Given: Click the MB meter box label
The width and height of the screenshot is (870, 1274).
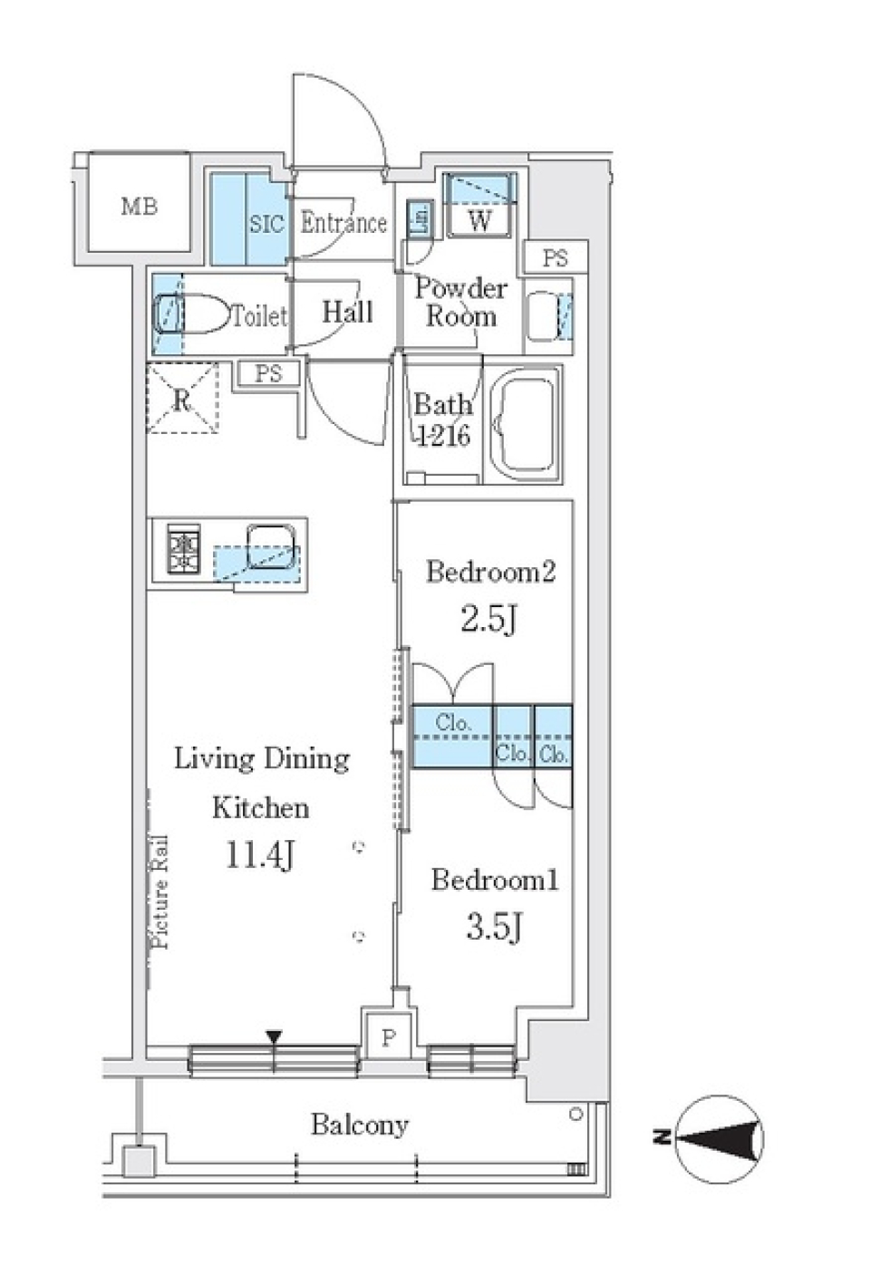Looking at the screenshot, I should pyautogui.click(x=139, y=207).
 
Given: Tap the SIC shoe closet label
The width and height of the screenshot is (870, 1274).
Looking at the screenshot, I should pyautogui.click(x=266, y=223).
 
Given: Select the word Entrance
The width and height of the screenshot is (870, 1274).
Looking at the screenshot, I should pyautogui.click(x=343, y=223).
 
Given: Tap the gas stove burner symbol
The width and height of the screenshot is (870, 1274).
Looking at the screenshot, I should pyautogui.click(x=185, y=551).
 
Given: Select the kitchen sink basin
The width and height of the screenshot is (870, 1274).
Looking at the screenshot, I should pyautogui.click(x=272, y=546).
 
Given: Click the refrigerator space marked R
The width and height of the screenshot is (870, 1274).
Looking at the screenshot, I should pyautogui.click(x=182, y=399).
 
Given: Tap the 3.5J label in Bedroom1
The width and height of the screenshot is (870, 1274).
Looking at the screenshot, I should pyautogui.click(x=493, y=928).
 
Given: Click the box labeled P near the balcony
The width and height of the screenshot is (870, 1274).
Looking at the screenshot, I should pyautogui.click(x=388, y=1037).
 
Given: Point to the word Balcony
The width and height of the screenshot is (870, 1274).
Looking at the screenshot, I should pyautogui.click(x=360, y=1125).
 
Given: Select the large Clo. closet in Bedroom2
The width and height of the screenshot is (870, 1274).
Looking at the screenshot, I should pyautogui.click(x=453, y=737).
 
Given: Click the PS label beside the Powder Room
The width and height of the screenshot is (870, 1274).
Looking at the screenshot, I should pyautogui.click(x=556, y=258).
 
